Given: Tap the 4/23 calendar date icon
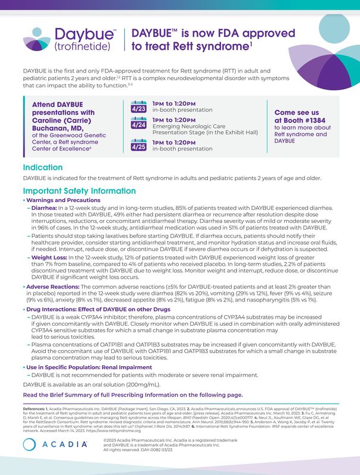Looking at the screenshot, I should point(138,108).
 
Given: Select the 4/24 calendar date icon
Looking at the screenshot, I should point(138,125).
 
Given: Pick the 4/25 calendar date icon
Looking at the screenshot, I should point(138,146).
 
